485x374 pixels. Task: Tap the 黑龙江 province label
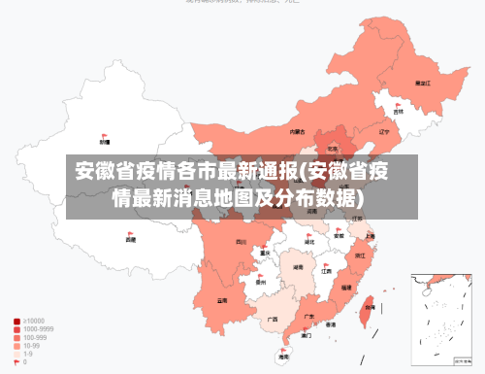pyautogui.click(x=422, y=84)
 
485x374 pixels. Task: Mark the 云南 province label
pyautogui.click(x=222, y=300)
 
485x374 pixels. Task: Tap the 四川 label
pyautogui.click(x=241, y=242)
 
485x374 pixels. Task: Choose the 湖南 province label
pyautogui.click(x=299, y=265)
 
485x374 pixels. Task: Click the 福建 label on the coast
pyautogui.click(x=347, y=288)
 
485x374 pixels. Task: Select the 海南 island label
pyautogui.click(x=283, y=357)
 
